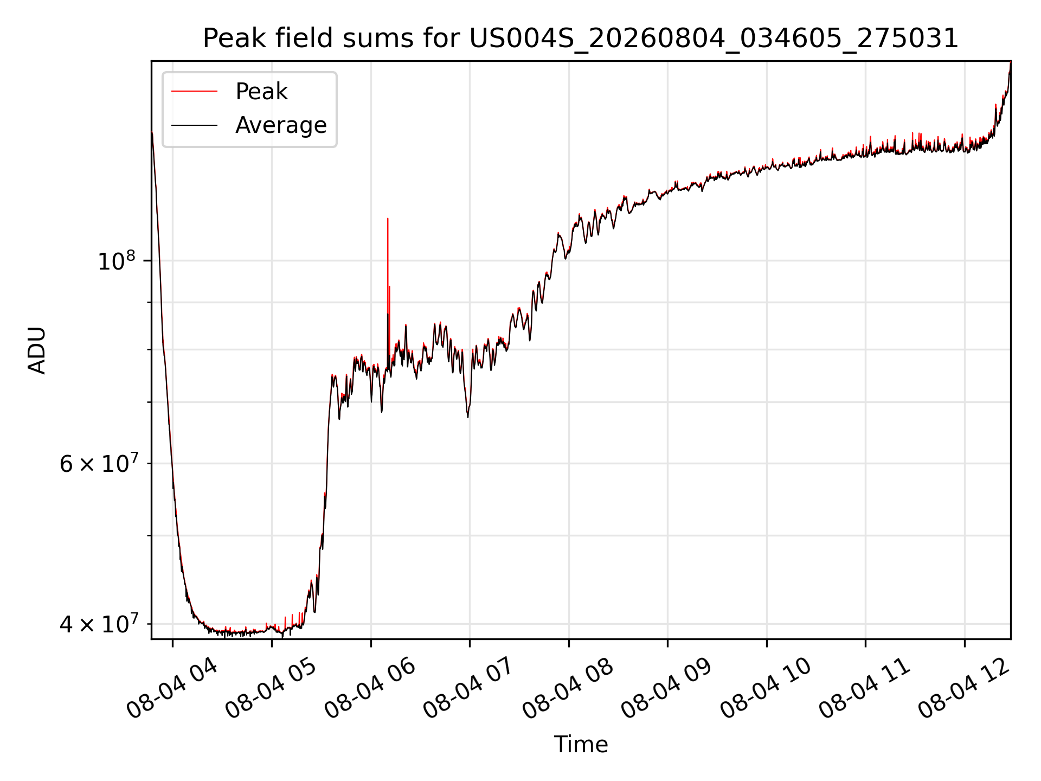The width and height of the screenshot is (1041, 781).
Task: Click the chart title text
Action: point(581,39)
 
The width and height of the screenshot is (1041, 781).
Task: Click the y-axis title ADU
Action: point(37,350)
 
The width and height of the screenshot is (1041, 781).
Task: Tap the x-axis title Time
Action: point(581,744)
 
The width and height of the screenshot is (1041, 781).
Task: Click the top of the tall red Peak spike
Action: point(388,219)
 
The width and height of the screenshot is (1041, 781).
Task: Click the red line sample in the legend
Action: point(194,92)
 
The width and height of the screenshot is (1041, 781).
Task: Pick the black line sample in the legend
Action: point(194,125)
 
